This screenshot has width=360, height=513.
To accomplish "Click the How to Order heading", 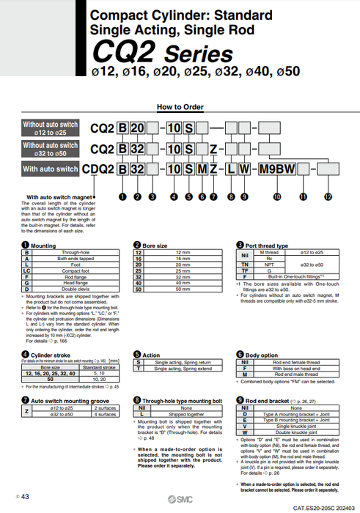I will pos(180,107).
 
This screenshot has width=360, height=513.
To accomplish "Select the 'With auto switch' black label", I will pos(50,169).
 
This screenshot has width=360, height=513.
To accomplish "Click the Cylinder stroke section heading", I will pos(51,355).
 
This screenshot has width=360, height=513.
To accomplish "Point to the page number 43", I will pos(25,497).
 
